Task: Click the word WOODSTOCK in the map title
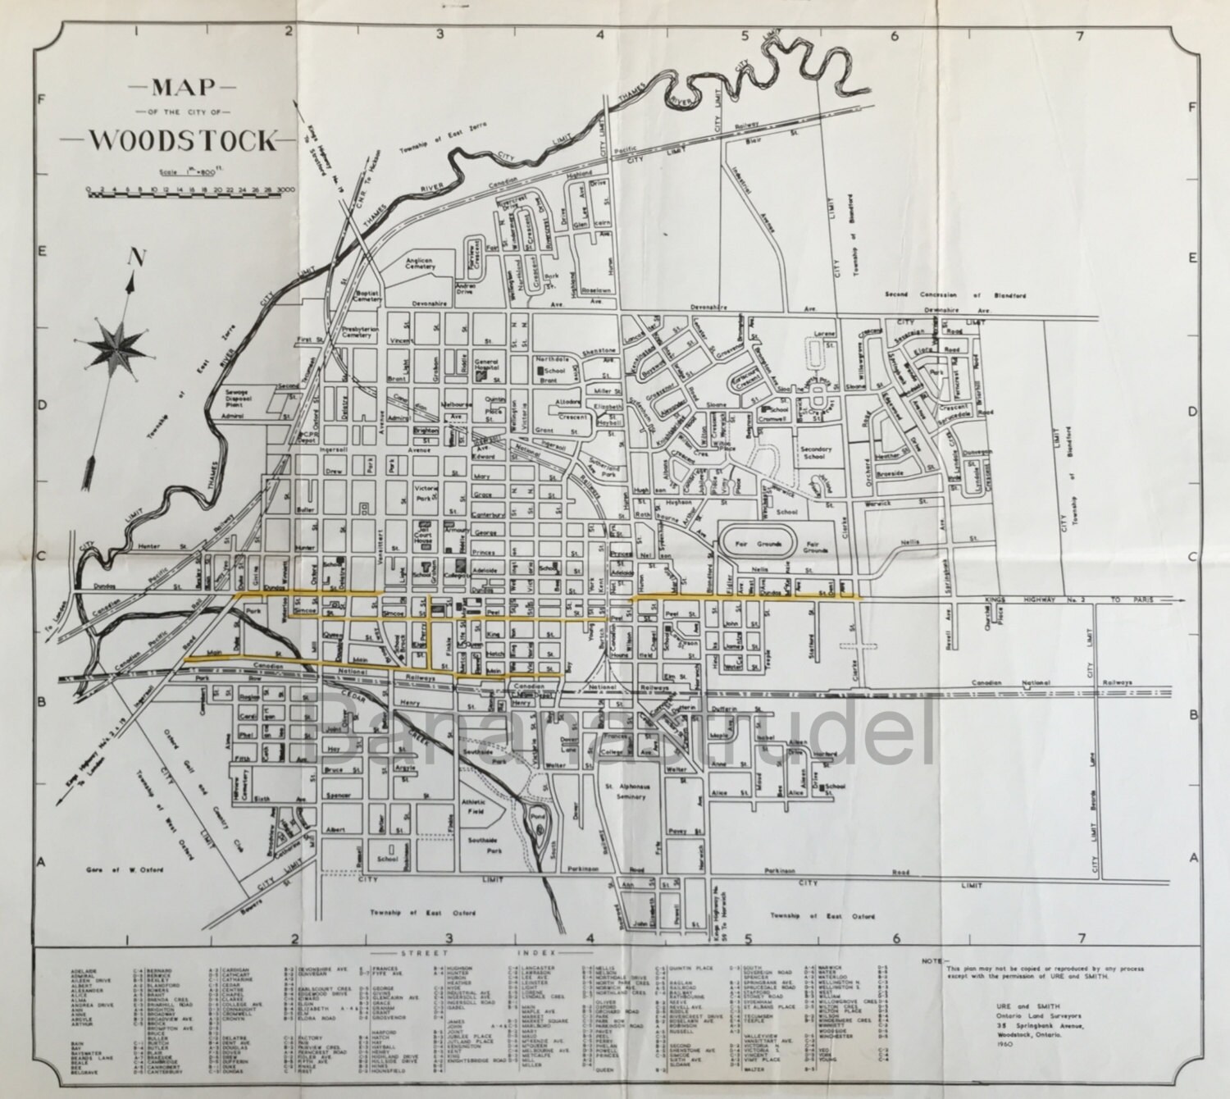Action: (x=183, y=140)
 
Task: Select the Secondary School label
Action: (x=816, y=454)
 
